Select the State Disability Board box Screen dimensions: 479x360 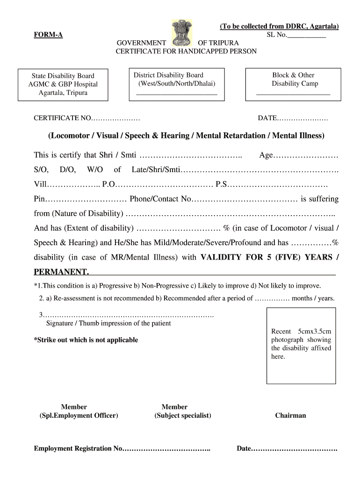pyautogui.click(x=63, y=84)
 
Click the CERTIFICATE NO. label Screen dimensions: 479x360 pyautogui.click(x=63, y=118)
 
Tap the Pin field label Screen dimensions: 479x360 pyautogui.click(x=40, y=199)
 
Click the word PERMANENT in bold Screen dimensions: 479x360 pyautogui.click(x=61, y=272)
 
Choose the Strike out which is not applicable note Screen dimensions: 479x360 pyautogui.click(x=86, y=340)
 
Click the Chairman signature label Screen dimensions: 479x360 pyautogui.click(x=290, y=415)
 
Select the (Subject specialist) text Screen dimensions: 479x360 pyautogui.click(x=183, y=415)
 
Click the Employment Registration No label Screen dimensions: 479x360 pyautogui.click(x=78, y=449)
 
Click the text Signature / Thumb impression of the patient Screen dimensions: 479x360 pyautogui.click(x=108, y=323)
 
